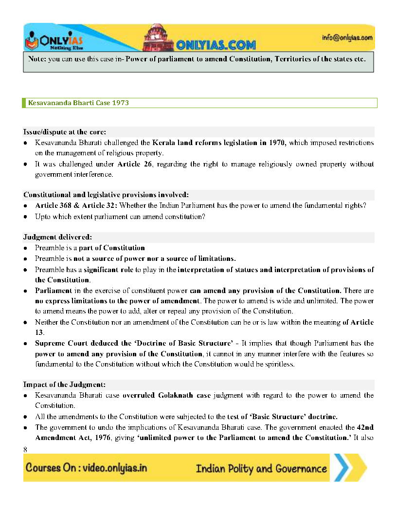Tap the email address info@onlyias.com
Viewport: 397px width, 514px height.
347,37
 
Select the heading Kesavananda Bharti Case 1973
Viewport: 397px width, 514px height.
78,103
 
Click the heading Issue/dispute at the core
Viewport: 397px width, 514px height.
64,132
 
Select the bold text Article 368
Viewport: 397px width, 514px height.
53,206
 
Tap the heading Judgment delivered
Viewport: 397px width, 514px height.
57,237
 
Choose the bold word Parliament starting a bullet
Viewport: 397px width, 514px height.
54,291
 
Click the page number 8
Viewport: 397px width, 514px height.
25,449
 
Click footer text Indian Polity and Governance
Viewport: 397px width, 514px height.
261,469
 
